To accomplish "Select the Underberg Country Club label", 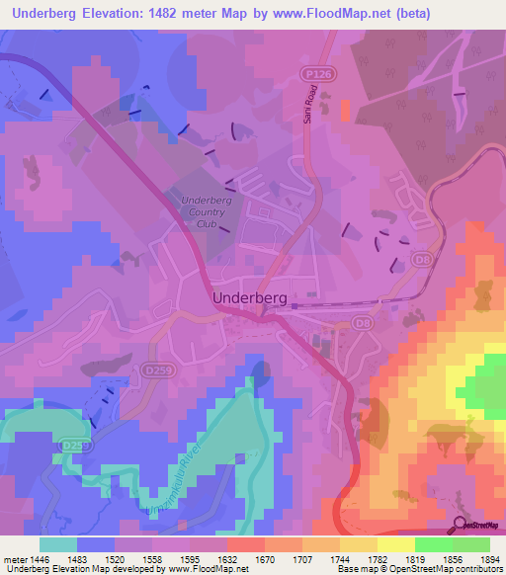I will [206, 211].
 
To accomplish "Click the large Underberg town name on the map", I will [248, 296].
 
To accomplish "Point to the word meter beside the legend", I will [15, 558].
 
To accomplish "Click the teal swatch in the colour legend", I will [58, 544].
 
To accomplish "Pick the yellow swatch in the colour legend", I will [395, 544].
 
